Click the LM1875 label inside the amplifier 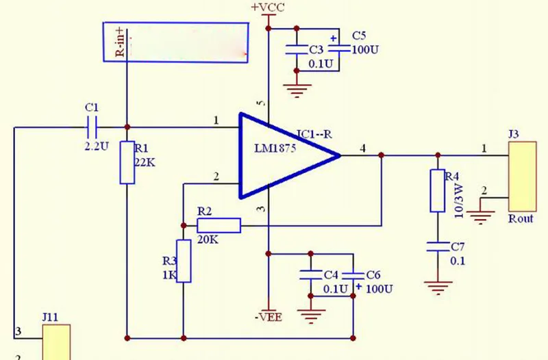point(275,148)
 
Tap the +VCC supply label point(268,8)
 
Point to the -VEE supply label point(269,317)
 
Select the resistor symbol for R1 point(127,162)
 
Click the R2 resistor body point(219,226)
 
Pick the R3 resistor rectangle point(184,261)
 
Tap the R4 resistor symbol point(438,191)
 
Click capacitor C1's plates point(92,127)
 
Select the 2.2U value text point(97,146)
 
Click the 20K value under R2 point(208,240)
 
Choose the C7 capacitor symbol point(438,246)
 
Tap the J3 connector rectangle point(523,177)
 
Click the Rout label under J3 point(521,218)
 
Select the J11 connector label point(50,317)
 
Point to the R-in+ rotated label point(120,42)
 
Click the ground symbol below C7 point(438,287)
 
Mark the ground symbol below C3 point(297,90)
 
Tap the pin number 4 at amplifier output point(363,149)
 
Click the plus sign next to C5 point(334,38)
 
